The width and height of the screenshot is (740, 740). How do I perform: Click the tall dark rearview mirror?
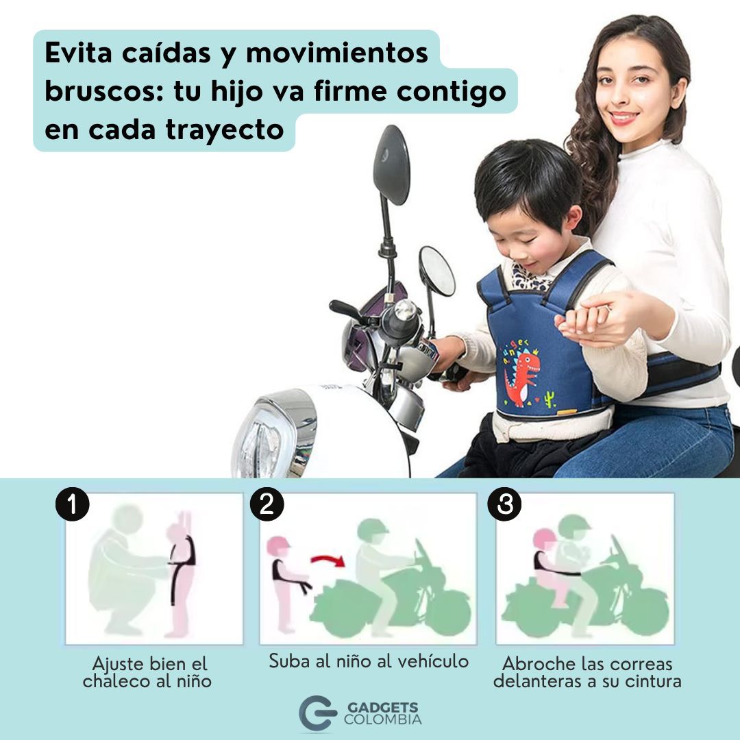[391, 164]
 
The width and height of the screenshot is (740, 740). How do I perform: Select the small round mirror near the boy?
[437, 271]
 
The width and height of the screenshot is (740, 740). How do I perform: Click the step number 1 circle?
[72, 504]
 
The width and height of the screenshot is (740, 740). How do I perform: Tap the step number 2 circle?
[267, 504]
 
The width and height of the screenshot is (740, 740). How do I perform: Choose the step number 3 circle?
[504, 504]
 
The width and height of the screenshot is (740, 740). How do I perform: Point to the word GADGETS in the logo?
[382, 707]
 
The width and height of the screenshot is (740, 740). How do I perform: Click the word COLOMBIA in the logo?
[383, 719]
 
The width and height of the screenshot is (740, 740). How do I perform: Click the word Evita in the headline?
[78, 53]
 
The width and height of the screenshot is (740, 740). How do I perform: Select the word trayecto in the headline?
[225, 130]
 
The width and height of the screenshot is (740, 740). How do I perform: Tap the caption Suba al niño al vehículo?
[369, 661]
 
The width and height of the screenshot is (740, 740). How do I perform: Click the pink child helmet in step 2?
[278, 545]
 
